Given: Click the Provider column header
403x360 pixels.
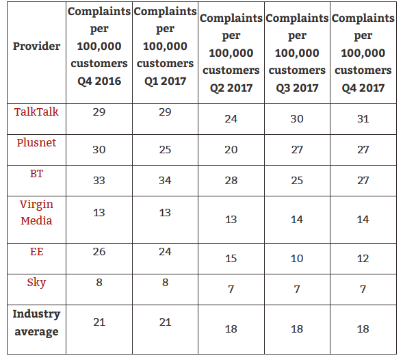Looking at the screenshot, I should [36, 47].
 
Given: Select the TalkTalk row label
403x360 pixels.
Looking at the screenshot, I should [36, 112].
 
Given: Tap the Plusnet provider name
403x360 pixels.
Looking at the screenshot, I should [36, 142].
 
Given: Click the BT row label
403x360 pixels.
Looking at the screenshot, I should [36, 174].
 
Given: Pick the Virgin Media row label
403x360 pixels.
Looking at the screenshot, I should [36, 212].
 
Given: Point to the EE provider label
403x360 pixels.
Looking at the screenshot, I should [36, 252].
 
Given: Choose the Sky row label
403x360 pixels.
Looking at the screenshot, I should [36, 283].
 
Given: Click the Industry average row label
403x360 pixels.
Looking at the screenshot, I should [36, 322].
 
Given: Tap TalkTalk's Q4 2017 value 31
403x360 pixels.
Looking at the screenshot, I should [363, 118].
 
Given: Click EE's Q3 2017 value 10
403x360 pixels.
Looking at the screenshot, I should [297, 258].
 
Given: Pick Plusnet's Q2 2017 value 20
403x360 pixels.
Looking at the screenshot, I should [231, 150].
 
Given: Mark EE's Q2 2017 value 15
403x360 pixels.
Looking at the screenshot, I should [231, 258].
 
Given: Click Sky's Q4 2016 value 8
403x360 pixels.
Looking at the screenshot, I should [99, 283].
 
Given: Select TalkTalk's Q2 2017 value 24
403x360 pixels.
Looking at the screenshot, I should [231, 118].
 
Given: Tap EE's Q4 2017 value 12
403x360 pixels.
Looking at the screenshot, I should [363, 258].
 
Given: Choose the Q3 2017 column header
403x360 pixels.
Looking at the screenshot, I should [297, 53].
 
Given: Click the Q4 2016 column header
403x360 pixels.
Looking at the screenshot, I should [99, 47].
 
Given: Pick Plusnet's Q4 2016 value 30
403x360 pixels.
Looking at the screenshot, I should [99, 150].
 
